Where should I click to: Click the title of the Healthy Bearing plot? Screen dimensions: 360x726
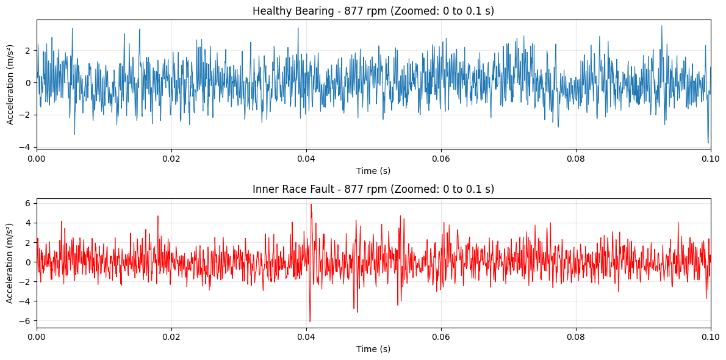click(x=373, y=11)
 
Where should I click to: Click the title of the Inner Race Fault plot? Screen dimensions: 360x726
click(x=373, y=189)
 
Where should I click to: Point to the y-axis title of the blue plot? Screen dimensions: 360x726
click(x=10, y=84)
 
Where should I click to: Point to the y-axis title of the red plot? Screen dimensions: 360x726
click(x=10, y=262)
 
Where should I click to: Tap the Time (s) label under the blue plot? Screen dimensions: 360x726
click(x=373, y=171)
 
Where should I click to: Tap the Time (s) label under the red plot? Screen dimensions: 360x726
click(x=373, y=349)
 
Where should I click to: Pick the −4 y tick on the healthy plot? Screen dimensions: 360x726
click(x=27, y=147)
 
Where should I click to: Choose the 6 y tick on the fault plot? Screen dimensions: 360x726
click(x=29, y=203)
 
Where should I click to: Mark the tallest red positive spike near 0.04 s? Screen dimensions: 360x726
click(x=311, y=204)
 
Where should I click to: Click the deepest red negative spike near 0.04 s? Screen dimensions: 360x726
click(x=310, y=321)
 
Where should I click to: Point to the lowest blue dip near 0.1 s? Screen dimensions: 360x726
click(x=708, y=143)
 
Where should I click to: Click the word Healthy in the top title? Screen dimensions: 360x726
click(x=269, y=11)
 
